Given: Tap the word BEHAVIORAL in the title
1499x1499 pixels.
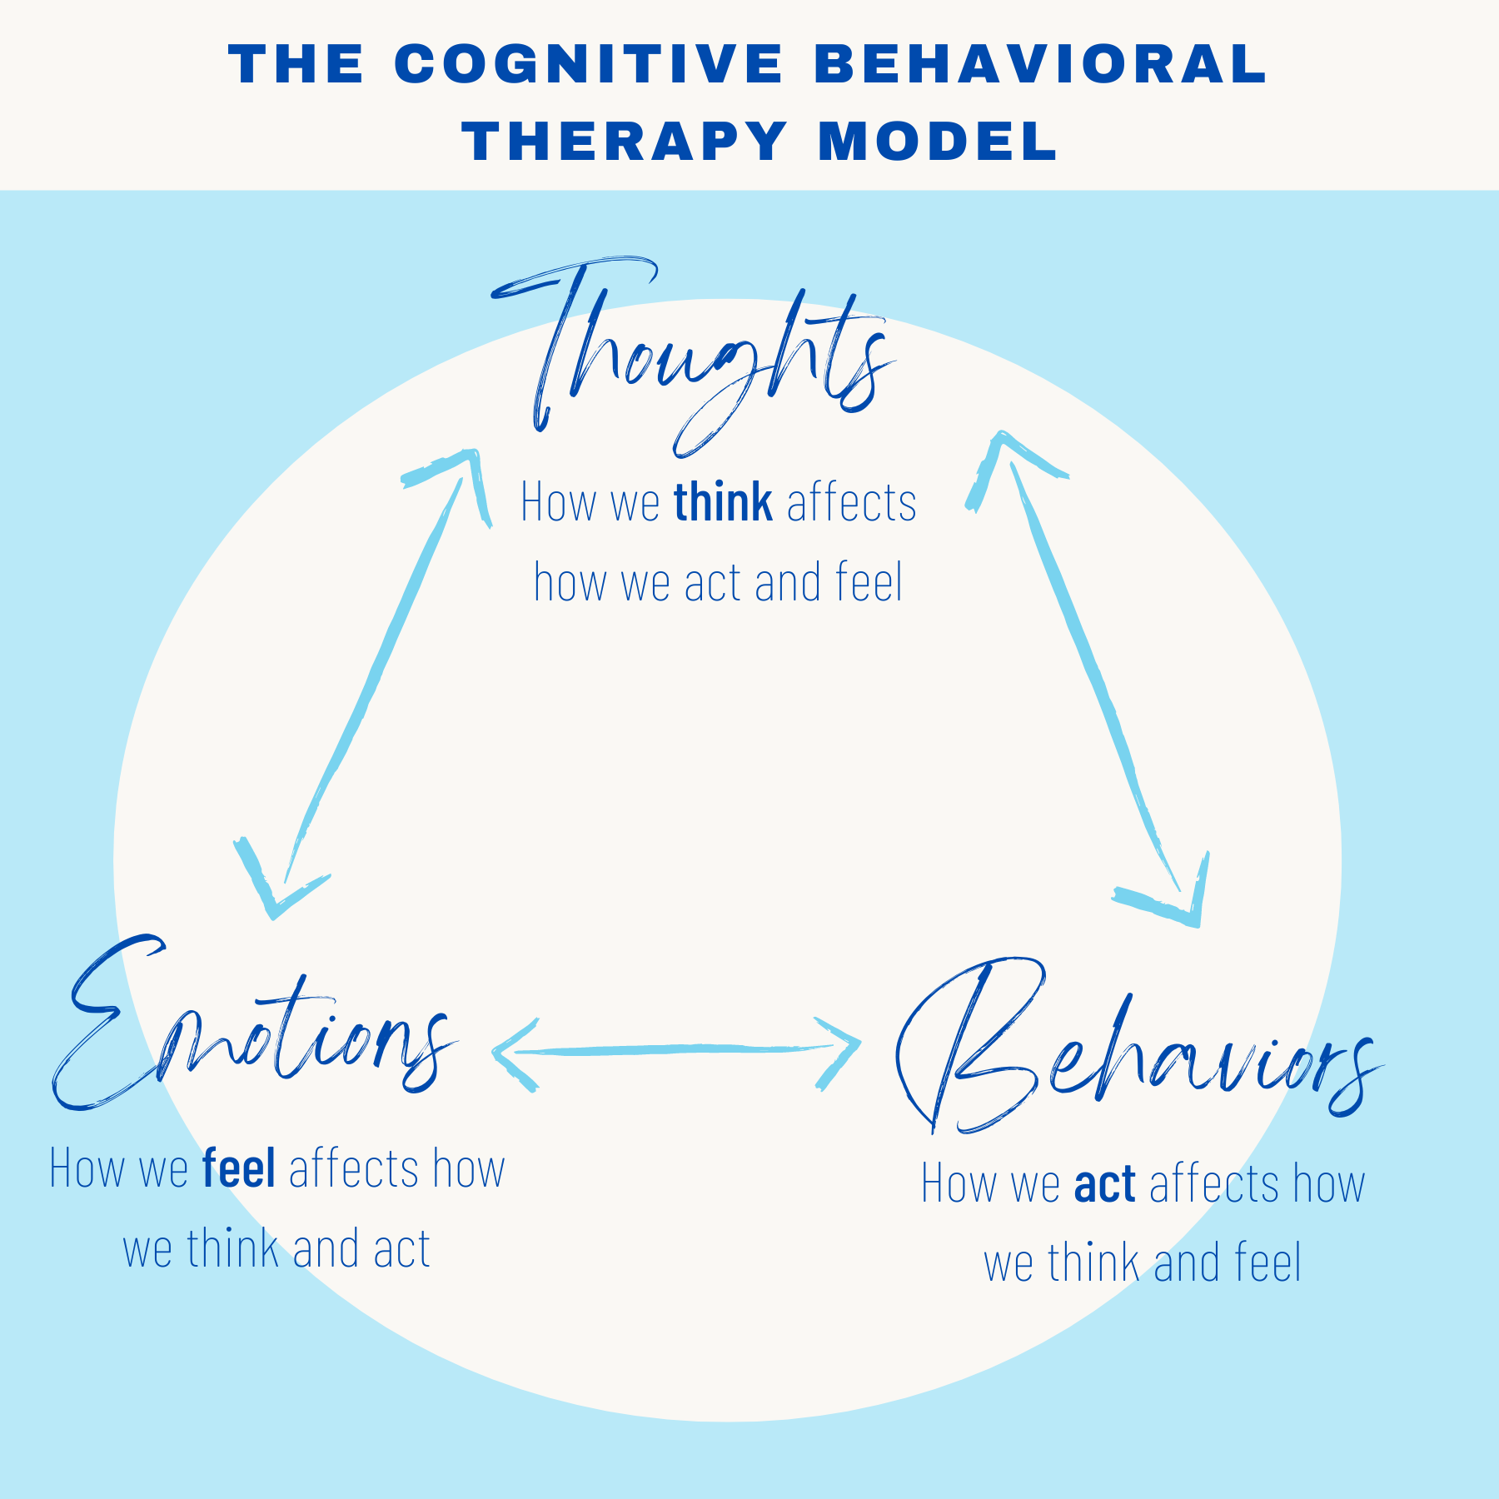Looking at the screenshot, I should coord(1045,64).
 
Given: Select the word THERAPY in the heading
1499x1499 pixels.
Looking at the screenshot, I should coord(625,141).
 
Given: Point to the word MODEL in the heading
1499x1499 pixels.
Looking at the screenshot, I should coord(938,141).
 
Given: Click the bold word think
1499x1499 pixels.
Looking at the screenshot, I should coord(723,503).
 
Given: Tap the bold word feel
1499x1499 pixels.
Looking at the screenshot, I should coord(239,1168).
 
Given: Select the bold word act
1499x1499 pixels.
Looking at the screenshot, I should coord(1105,1183).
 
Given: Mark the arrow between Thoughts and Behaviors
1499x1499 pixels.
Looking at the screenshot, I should coord(1091,675).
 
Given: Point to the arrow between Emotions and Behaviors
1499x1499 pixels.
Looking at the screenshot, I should coord(675,1050).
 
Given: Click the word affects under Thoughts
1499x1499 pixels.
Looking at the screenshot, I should coord(851,503).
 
